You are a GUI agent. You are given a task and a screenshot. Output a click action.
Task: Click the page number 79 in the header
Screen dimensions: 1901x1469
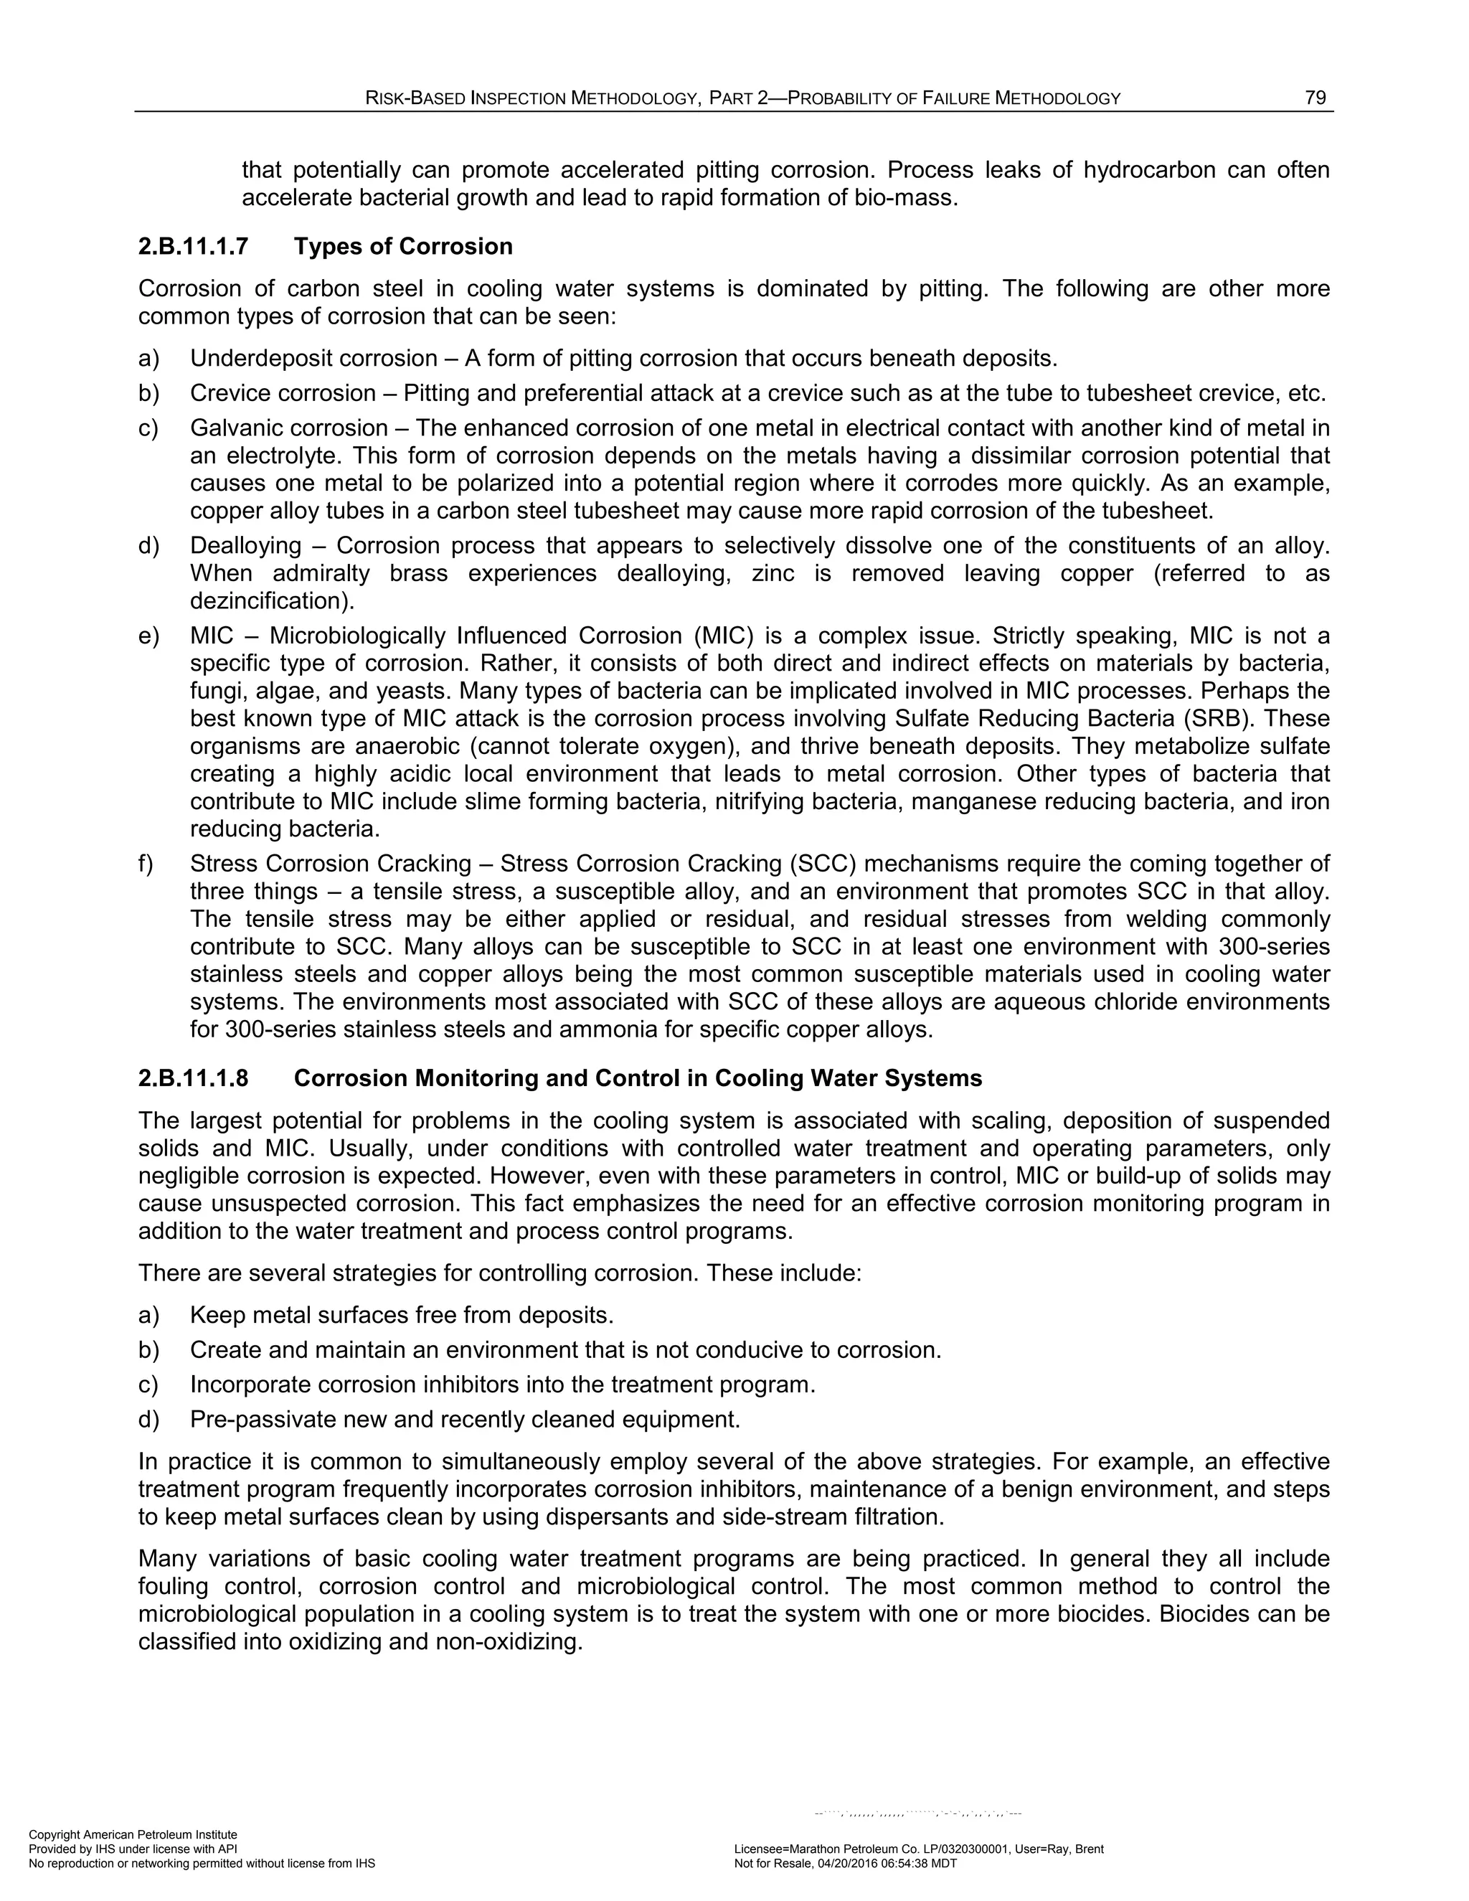[x=1315, y=98]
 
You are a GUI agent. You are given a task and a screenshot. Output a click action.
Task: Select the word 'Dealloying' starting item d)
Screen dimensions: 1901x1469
[x=245, y=546]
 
